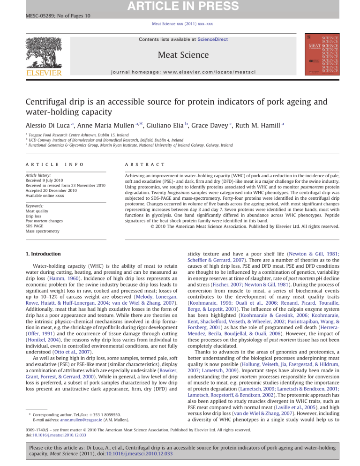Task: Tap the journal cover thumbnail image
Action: (322, 53)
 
